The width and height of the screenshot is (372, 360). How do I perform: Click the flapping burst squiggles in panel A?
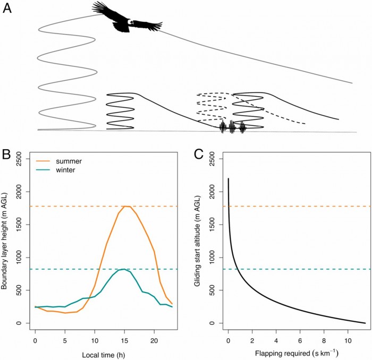pos(233,127)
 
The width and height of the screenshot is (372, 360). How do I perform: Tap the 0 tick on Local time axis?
pos(35,338)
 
